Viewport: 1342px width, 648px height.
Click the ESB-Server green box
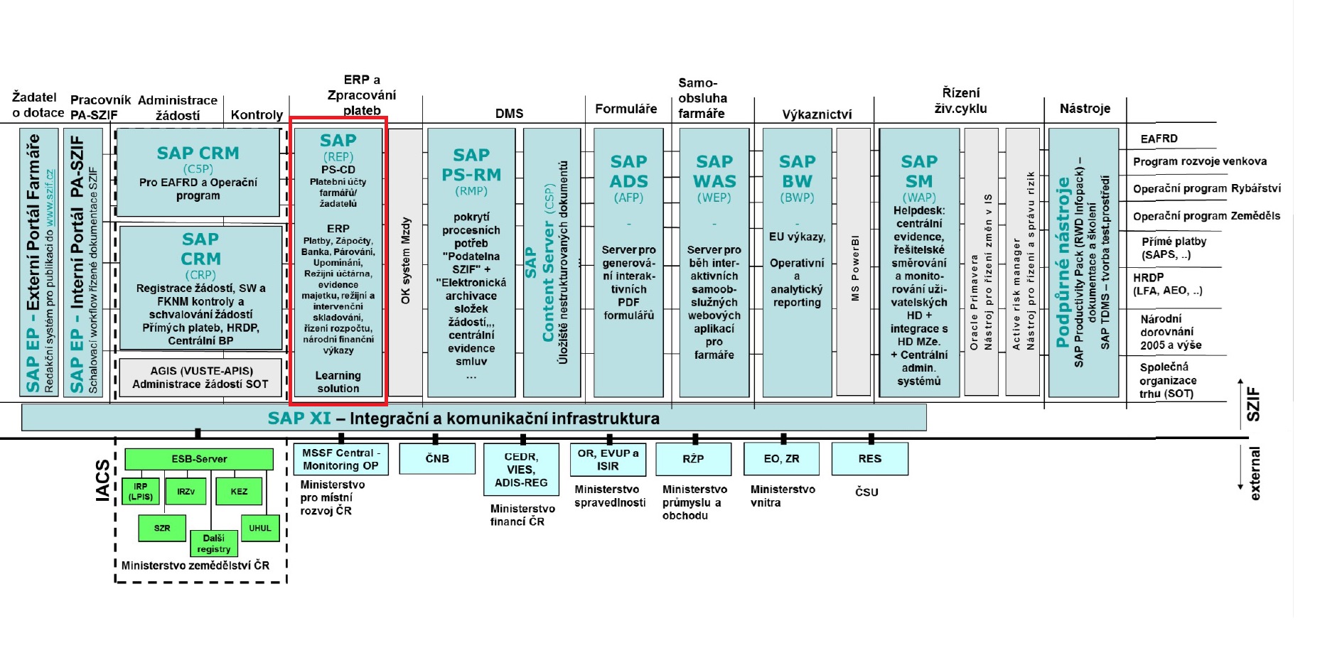point(199,459)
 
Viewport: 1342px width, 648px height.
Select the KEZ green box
point(239,491)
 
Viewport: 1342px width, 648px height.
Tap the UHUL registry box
point(259,528)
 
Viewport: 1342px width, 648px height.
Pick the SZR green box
point(162,528)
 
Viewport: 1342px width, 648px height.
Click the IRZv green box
point(186,491)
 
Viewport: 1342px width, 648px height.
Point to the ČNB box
point(437,458)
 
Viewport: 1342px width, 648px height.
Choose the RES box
point(869,458)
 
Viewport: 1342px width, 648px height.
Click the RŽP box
point(693,459)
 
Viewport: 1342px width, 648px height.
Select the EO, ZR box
point(781,458)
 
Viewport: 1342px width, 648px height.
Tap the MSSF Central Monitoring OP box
point(340,459)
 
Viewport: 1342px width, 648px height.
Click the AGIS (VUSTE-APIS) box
point(200,377)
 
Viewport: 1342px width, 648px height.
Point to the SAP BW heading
point(797,171)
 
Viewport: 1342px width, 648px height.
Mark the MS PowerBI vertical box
point(854,263)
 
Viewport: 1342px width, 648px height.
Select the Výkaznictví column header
point(816,114)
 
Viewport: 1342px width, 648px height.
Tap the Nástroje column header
point(1084,109)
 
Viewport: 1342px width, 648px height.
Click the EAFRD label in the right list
point(1159,139)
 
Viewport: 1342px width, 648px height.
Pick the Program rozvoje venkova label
point(1199,161)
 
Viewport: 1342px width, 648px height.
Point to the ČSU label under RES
point(866,492)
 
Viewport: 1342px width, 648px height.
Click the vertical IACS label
point(104,480)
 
